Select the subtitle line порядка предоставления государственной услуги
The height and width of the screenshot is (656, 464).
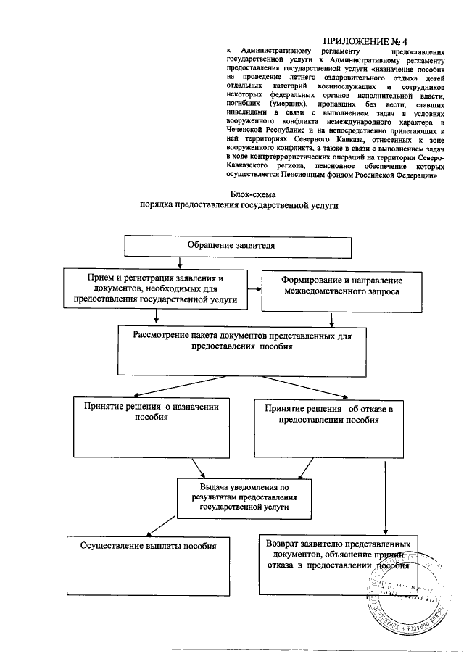239,206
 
